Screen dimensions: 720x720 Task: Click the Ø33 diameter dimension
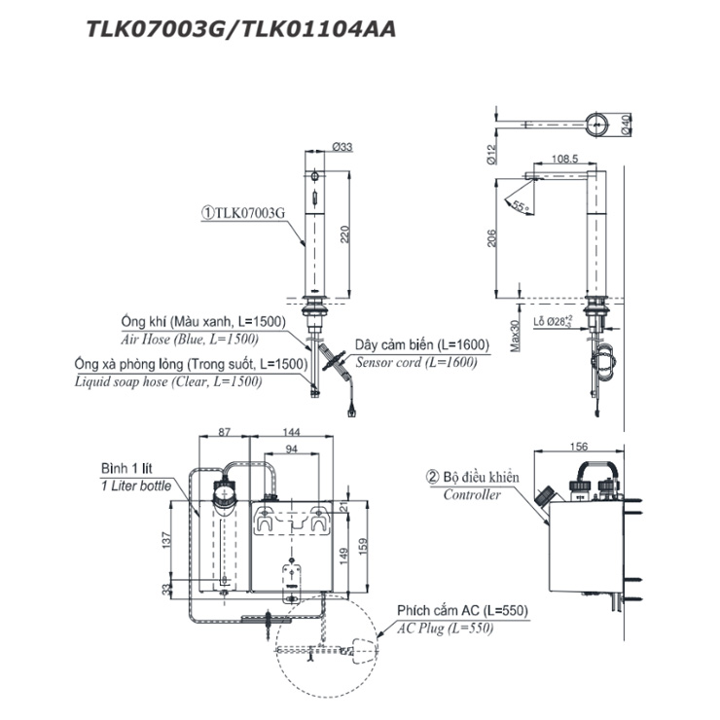click(x=342, y=146)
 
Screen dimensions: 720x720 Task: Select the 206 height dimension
click(x=493, y=237)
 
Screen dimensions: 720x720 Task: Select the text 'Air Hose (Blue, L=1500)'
click(x=189, y=339)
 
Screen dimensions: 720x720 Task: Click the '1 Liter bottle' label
click(x=135, y=485)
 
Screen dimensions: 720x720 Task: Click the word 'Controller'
click(x=472, y=494)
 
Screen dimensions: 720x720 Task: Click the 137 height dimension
click(x=167, y=538)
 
